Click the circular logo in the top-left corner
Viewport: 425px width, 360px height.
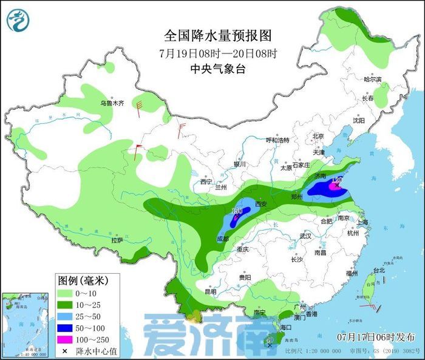tap(18, 21)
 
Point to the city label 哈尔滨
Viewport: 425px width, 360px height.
tap(372, 80)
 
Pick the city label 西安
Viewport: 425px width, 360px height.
tap(260, 204)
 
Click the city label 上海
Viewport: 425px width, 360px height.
tap(362, 222)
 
